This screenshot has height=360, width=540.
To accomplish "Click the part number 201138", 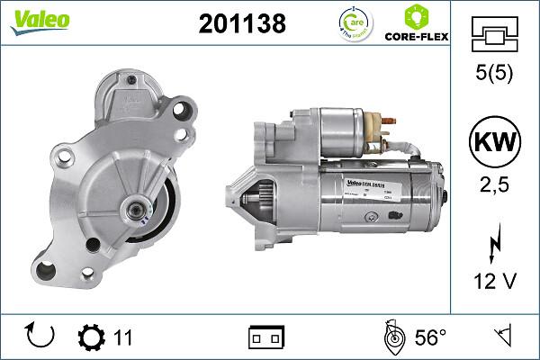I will (242, 24).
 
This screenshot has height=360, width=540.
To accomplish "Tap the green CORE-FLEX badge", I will (417, 23).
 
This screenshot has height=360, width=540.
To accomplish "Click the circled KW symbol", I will (494, 142).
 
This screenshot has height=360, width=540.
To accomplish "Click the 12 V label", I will (494, 283).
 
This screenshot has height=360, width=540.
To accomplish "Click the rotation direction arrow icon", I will (41, 337).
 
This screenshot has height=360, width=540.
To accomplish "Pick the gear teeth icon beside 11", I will (91, 337).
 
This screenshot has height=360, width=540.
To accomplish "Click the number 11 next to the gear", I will (123, 337).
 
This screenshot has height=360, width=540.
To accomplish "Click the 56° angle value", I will (429, 337).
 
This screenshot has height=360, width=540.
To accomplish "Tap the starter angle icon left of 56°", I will (391, 337).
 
